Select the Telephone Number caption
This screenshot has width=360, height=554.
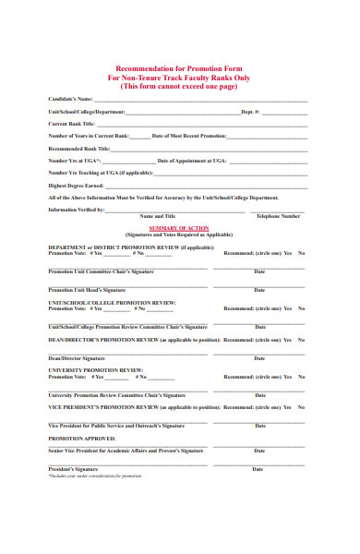point(279,216)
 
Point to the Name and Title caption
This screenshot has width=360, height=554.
point(157,216)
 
